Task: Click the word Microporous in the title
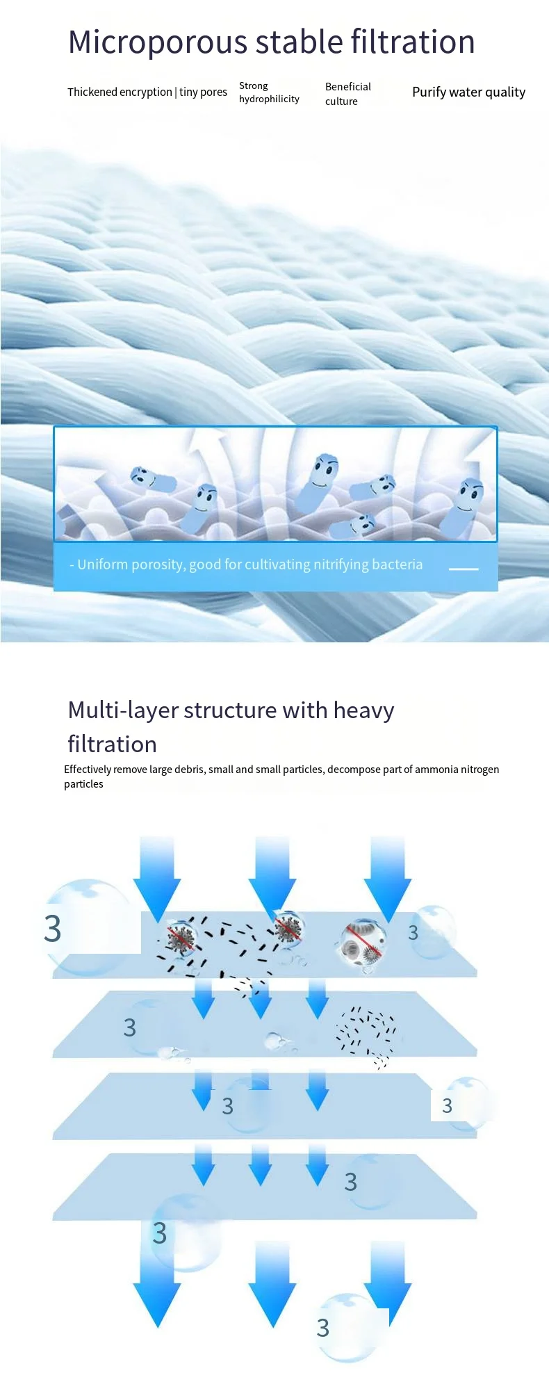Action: click(x=158, y=42)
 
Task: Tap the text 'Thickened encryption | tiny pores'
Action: click(x=147, y=92)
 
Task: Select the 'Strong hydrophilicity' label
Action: click(x=269, y=92)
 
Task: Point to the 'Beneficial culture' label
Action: click(x=347, y=94)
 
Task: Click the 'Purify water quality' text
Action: click(x=468, y=92)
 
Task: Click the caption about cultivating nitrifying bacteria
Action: click(x=246, y=564)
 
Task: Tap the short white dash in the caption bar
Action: click(x=464, y=569)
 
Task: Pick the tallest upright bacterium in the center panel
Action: click(x=318, y=483)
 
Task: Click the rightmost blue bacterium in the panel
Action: click(x=462, y=508)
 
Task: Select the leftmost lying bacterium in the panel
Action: click(x=151, y=479)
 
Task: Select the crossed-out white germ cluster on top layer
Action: click(x=361, y=943)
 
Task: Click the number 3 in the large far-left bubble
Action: click(x=53, y=929)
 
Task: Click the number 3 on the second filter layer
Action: click(x=129, y=1027)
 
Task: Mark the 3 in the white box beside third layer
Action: click(x=447, y=1105)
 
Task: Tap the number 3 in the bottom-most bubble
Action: click(x=323, y=1328)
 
